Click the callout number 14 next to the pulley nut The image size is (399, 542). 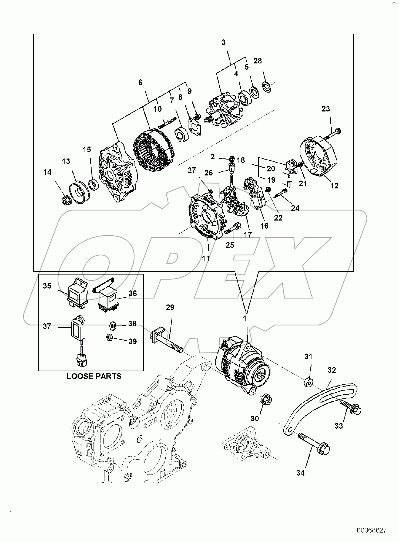click(48, 172)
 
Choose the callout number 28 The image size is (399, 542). click(257, 61)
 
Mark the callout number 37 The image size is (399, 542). click(47, 326)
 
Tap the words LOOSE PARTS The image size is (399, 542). click(94, 376)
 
